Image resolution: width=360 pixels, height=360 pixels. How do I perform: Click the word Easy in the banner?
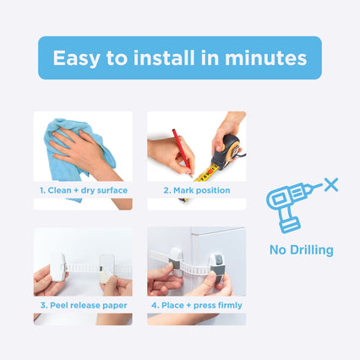76,59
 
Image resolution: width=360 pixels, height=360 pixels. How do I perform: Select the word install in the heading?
164,57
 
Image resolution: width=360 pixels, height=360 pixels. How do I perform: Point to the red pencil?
183,152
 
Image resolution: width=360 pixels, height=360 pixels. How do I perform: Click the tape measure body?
227,151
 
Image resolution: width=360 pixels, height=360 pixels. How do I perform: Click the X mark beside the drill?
331,185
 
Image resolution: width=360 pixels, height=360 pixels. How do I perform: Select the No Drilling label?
302,250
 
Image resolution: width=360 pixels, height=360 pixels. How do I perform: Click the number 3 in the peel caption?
43,305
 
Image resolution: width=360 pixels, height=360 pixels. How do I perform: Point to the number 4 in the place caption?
155,305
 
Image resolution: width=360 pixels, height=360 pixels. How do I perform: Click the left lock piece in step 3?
58,267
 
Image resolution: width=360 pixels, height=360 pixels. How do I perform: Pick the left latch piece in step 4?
176,261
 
